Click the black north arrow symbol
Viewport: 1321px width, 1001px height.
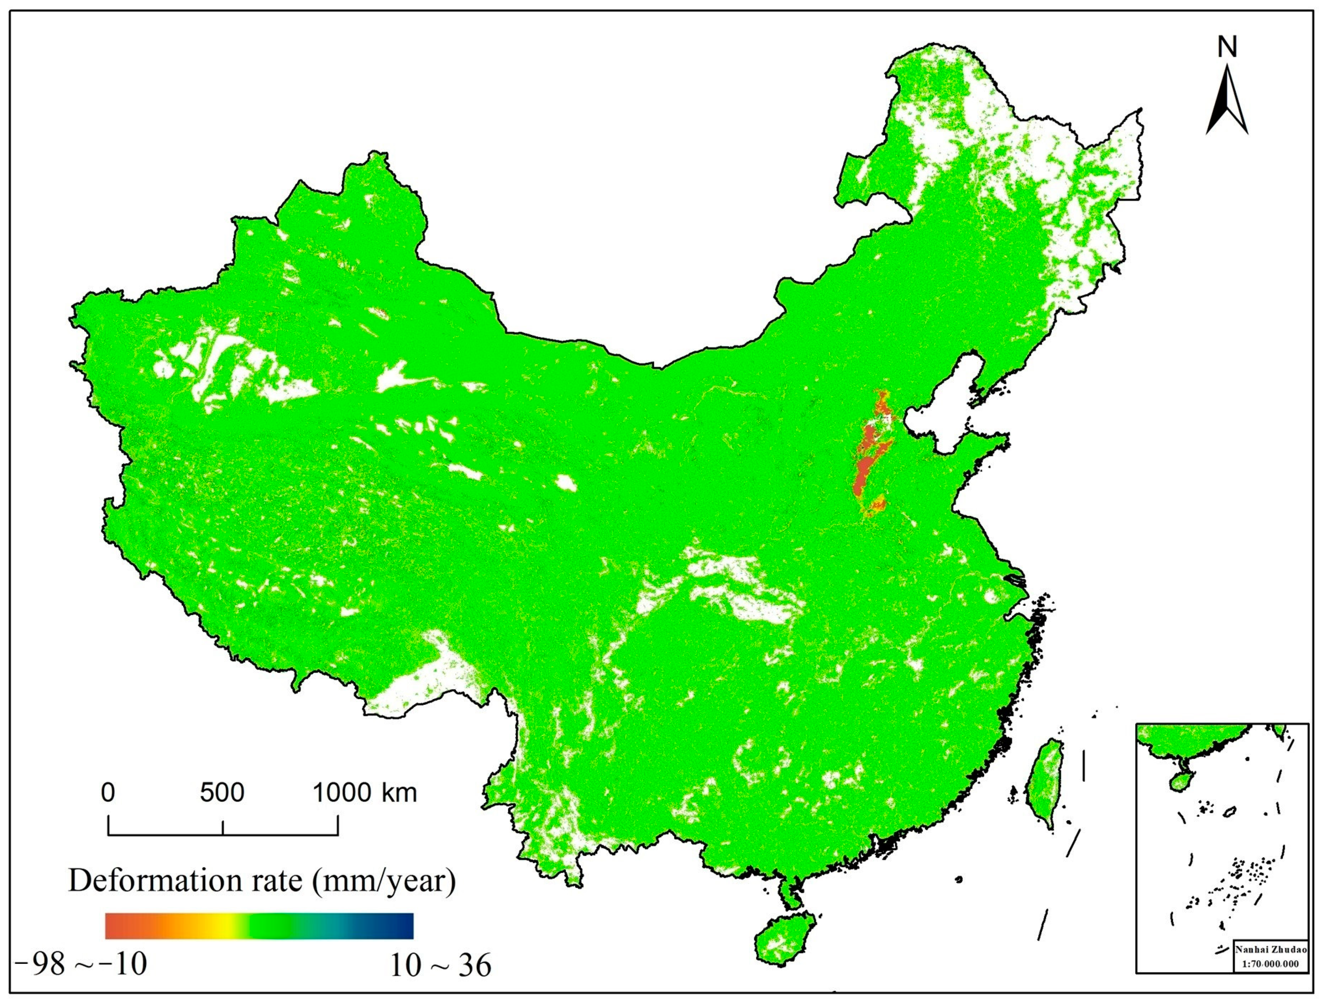[1227, 107]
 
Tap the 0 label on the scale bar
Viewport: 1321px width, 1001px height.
[108, 793]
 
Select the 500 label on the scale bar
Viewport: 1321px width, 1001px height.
[222, 793]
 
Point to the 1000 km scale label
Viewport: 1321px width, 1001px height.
[365, 793]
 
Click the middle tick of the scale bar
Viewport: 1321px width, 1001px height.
[223, 827]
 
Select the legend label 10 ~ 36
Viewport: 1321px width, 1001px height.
[441, 965]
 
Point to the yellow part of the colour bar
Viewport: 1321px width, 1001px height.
[224, 925]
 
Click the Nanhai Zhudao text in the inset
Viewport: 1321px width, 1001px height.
[1270, 949]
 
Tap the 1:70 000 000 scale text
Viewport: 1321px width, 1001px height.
[1270, 964]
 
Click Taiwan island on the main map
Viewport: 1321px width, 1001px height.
[1044, 782]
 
